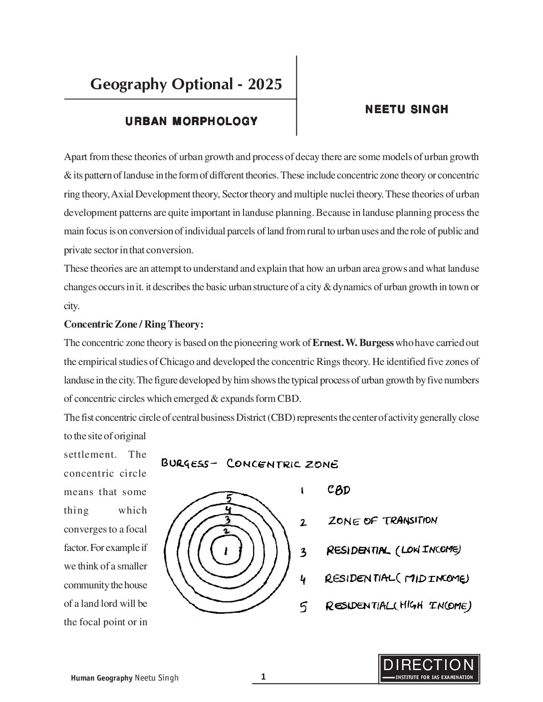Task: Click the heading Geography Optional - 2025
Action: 186,84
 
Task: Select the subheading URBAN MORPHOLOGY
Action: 191,121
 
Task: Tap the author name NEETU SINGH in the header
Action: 407,109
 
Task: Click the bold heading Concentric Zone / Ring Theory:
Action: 134,324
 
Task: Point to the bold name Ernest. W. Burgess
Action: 353,343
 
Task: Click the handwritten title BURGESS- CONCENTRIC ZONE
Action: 250,464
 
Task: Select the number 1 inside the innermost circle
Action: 226,551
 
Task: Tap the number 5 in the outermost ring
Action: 229,498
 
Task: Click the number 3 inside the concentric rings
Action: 227,520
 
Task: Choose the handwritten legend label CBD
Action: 339,490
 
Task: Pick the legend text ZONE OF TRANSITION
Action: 382,521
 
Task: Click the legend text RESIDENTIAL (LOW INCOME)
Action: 393,550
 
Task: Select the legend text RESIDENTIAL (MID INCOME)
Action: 397,579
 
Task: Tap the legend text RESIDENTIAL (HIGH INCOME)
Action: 398,606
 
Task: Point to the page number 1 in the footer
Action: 264,677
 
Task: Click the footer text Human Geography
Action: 101,678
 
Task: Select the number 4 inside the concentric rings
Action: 228,510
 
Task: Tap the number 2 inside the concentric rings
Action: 226,531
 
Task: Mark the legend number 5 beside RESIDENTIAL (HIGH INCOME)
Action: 303,607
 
